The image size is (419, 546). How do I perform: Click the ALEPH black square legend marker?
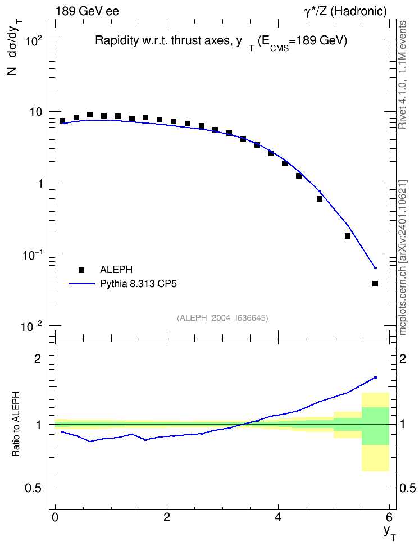pos(81,270)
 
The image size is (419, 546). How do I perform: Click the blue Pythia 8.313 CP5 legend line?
pos(81,284)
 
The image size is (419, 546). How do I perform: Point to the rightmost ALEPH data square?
pos(375,284)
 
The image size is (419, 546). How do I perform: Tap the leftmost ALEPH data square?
pos(62,121)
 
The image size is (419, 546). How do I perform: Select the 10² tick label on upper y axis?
pos(34,40)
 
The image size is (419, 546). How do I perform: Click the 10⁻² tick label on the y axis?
pos(31,326)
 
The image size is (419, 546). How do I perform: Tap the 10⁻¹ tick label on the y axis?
pos(32,255)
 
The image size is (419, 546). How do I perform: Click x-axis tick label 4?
pos(278,516)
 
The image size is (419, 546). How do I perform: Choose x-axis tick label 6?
pos(389,516)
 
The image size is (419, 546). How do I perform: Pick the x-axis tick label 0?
pos(55,516)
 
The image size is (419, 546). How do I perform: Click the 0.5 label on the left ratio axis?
pos(34,488)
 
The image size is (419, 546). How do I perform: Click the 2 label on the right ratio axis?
pos(403,358)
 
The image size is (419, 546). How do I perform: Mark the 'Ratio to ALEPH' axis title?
pos(16,424)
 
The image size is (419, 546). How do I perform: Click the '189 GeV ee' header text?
pos(87,11)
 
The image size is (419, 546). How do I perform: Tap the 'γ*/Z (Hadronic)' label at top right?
pos(345,11)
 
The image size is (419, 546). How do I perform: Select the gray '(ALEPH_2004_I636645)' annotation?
pos(222,318)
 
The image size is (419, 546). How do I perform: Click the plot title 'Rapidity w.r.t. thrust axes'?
pos(163,41)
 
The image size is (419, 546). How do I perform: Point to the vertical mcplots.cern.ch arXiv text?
pos(403,257)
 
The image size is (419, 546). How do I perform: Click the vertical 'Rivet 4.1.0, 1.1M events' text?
pos(402,75)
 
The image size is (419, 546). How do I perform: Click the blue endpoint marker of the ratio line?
pos(375,377)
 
